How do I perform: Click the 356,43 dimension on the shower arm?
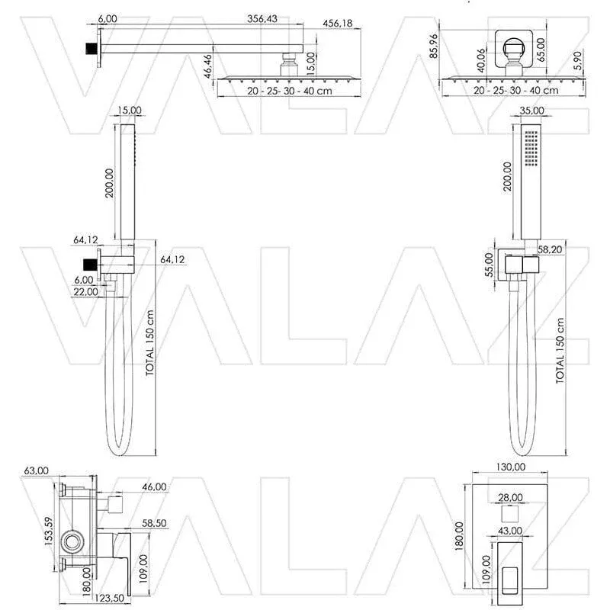pos(262,18)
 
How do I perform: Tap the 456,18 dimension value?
pos(338,24)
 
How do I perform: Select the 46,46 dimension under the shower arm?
pos(208,66)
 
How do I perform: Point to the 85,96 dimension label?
pos(434,46)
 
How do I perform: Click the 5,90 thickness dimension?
pos(578,61)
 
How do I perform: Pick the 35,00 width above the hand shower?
pos(531,111)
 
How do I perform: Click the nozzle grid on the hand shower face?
pos(531,147)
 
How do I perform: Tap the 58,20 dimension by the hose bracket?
pos(550,249)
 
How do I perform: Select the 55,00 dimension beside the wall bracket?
pos(489,265)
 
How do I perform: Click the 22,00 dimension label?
pos(85,291)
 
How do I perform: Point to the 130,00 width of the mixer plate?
pos(510,467)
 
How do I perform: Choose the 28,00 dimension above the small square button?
pos(510,498)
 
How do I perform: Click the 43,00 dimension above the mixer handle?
pos(510,531)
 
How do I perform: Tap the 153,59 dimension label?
pos(49,531)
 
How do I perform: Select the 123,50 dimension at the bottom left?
pos(109,599)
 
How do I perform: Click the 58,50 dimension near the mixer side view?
pos(154,523)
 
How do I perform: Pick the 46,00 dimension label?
pos(154,487)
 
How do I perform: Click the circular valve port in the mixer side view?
pos(72,541)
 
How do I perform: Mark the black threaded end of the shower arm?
pos(91,49)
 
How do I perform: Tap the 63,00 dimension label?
pos(36,470)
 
